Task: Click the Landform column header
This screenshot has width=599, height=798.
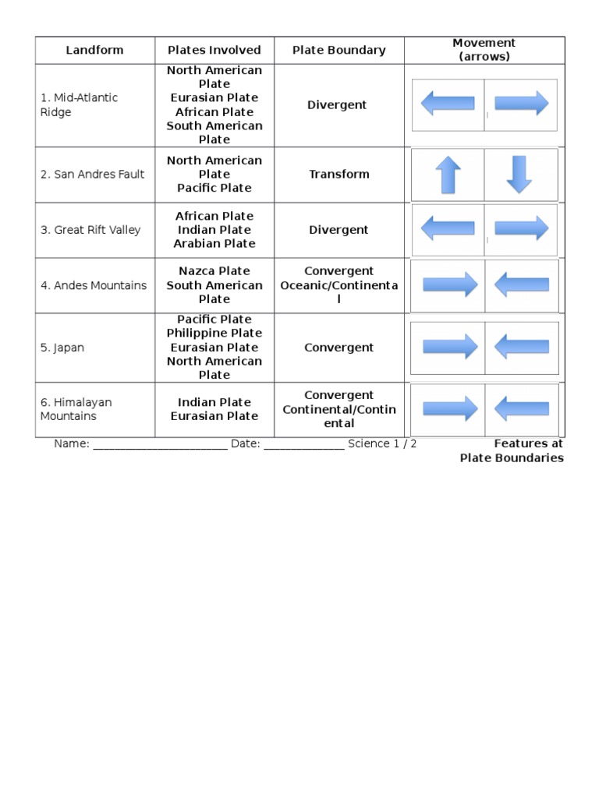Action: click(x=94, y=51)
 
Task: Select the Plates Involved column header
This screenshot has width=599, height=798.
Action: click(x=214, y=51)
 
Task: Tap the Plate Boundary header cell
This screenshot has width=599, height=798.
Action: click(x=338, y=51)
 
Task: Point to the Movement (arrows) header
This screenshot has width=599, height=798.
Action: click(x=484, y=50)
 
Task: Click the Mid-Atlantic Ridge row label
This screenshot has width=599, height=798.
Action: click(x=79, y=105)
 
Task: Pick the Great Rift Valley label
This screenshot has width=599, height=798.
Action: click(x=90, y=230)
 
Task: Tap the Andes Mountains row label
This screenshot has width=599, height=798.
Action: click(x=94, y=286)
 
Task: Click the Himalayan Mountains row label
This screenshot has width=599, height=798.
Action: click(x=76, y=409)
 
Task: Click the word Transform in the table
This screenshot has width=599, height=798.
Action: click(x=338, y=175)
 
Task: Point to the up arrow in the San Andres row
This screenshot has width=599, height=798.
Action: click(x=448, y=175)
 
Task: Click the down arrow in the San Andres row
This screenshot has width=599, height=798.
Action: click(x=519, y=175)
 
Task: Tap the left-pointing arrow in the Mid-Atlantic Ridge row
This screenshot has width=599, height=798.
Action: click(x=448, y=103)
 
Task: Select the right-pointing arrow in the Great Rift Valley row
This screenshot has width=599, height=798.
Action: click(x=521, y=228)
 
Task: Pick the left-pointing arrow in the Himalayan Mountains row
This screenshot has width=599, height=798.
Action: click(x=521, y=408)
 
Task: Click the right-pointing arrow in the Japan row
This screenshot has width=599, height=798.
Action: click(x=450, y=347)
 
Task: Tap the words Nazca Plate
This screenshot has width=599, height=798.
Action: click(x=214, y=271)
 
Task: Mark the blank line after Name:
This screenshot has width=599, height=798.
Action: click(x=160, y=445)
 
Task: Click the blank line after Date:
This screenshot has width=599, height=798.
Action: click(x=303, y=445)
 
